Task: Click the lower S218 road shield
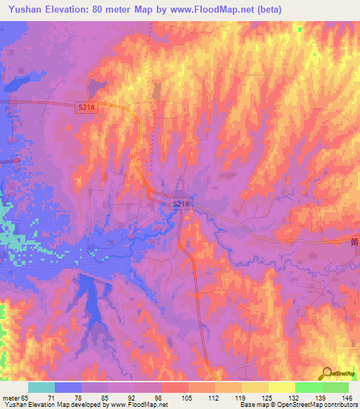pos(181,204)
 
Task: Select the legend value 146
pos(347,398)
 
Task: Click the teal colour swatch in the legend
pos(41,387)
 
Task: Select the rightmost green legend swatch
pos(335,387)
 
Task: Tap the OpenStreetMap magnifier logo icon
pos(327,375)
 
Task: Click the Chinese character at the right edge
pos(354,242)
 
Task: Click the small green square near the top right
pos(300,30)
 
